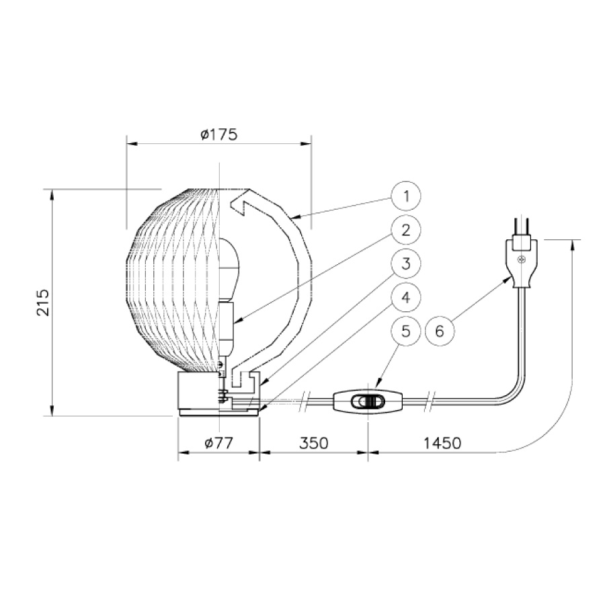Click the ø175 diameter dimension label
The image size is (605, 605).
(x=218, y=134)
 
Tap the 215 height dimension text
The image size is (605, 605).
(x=43, y=302)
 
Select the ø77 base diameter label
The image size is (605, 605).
(x=218, y=442)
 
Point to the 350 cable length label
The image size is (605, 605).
(x=314, y=443)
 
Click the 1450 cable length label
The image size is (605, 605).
(x=442, y=443)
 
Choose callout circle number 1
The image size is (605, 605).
(x=406, y=196)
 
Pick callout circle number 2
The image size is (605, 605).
(x=406, y=230)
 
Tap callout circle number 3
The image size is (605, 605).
(x=406, y=264)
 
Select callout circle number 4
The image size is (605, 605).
(x=406, y=298)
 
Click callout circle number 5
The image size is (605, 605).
(x=406, y=331)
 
